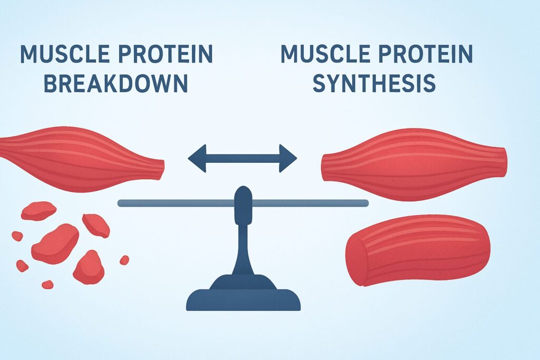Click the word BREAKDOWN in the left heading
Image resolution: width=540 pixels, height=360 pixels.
pyautogui.click(x=116, y=83)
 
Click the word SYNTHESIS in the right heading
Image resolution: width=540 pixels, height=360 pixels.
pyautogui.click(x=374, y=83)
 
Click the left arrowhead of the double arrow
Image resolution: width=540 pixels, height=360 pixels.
pyautogui.click(x=197, y=158)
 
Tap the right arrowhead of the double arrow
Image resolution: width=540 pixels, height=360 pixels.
pyautogui.click(x=288, y=158)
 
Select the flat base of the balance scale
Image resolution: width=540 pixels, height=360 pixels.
pyautogui.click(x=243, y=300)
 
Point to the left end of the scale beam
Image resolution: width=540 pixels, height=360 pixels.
pyautogui.click(x=120, y=203)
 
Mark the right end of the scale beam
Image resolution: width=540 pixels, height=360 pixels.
pyautogui.click(x=367, y=203)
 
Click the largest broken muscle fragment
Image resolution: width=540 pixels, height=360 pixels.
pyautogui.click(x=56, y=244)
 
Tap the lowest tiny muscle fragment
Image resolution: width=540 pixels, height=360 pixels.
pyautogui.click(x=47, y=285)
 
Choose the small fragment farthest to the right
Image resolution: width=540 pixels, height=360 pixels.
pyautogui.click(x=124, y=260)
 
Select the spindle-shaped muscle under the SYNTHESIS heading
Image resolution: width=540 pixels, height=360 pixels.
pyautogui.click(x=414, y=164)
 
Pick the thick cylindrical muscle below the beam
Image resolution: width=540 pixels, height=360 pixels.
pyautogui.click(x=418, y=250)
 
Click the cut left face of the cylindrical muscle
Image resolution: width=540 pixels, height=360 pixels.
pyautogui.click(x=355, y=259)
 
